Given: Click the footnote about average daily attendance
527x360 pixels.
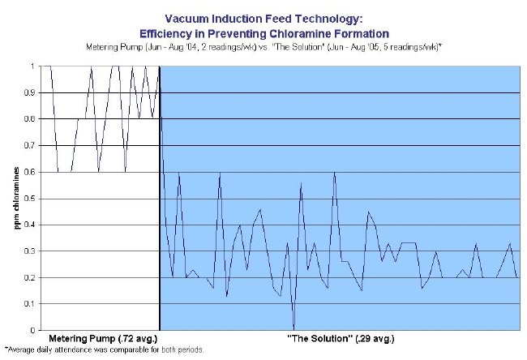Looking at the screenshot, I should (x=103, y=350).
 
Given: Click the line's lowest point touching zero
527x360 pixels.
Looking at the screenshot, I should (x=293, y=328).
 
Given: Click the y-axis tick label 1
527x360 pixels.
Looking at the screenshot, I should (x=34, y=66).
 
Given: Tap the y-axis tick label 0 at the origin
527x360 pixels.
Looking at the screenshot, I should (x=34, y=330).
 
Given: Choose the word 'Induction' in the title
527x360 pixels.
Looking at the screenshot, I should (x=237, y=16).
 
